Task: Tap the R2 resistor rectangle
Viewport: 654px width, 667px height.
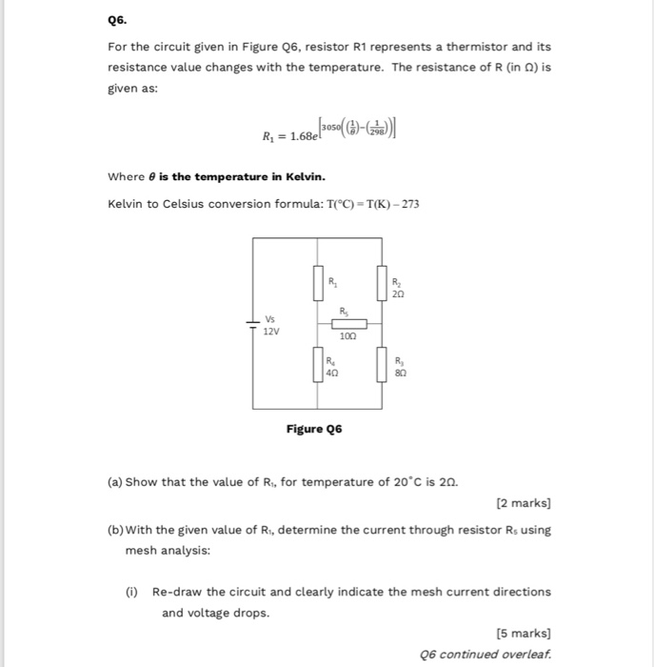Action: [384, 283]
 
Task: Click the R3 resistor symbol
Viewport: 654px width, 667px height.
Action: [384, 365]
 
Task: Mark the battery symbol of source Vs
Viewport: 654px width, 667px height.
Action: [253, 323]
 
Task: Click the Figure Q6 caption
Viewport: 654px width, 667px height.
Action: [314, 429]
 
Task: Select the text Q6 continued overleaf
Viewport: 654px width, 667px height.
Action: [486, 655]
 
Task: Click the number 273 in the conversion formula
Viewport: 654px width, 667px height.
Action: [410, 204]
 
